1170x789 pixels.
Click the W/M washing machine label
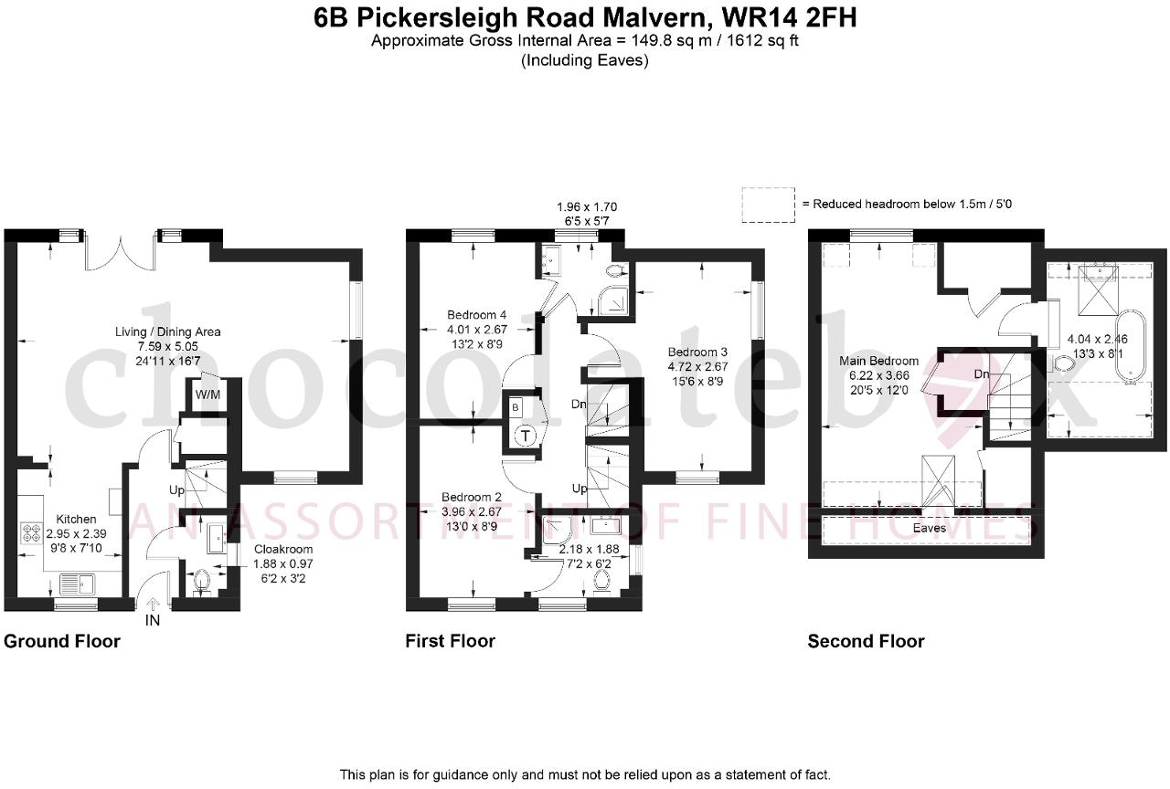click(207, 394)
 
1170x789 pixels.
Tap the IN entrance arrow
click(153, 605)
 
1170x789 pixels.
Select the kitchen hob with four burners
click(30, 532)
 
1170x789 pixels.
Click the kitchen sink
click(78, 584)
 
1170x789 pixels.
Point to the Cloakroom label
click(283, 550)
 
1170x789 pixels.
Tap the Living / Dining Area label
click(167, 331)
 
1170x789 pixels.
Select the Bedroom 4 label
click(476, 315)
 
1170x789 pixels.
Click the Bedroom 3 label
click(697, 352)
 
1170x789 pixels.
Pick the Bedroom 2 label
click(471, 498)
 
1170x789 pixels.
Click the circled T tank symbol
click(526, 436)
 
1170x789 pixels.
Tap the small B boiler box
click(516, 407)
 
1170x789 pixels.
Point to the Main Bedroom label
click(878, 361)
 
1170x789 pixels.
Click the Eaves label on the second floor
click(930, 528)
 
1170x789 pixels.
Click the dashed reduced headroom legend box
click(769, 205)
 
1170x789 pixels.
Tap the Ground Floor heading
click(62, 641)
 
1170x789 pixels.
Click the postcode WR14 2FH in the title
click(789, 17)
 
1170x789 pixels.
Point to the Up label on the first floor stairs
click(580, 489)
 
